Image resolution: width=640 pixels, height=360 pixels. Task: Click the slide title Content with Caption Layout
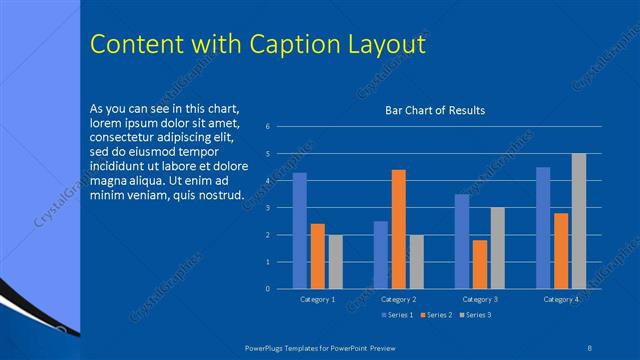pyautogui.click(x=258, y=45)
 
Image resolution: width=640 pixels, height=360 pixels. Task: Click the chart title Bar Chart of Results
pyautogui.click(x=435, y=110)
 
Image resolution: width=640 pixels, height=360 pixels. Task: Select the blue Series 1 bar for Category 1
pyautogui.click(x=299, y=231)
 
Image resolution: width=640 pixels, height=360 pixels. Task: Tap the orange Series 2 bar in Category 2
pyautogui.click(x=398, y=229)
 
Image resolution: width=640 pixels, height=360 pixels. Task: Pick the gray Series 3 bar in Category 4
pyautogui.click(x=579, y=221)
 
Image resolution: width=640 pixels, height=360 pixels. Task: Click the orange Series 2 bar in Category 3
pyautogui.click(x=480, y=264)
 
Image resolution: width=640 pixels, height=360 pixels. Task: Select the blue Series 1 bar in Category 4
pyautogui.click(x=543, y=228)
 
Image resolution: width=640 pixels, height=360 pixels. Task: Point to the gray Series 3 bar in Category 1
pyautogui.click(x=335, y=262)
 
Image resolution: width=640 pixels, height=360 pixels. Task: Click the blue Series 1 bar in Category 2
pyautogui.click(x=381, y=255)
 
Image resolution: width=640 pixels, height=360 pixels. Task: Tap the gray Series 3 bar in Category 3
pyautogui.click(x=497, y=248)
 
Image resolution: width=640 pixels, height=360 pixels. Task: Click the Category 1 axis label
pyautogui.click(x=318, y=299)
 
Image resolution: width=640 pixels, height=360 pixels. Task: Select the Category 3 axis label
pyautogui.click(x=480, y=299)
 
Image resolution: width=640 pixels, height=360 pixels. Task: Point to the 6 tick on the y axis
pyautogui.click(x=268, y=127)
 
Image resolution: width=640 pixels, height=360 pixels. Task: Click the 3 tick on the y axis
pyautogui.click(x=268, y=208)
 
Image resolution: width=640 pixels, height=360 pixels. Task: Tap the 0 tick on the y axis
pyautogui.click(x=268, y=289)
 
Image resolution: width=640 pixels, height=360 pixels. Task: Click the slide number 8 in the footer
pyautogui.click(x=590, y=347)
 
